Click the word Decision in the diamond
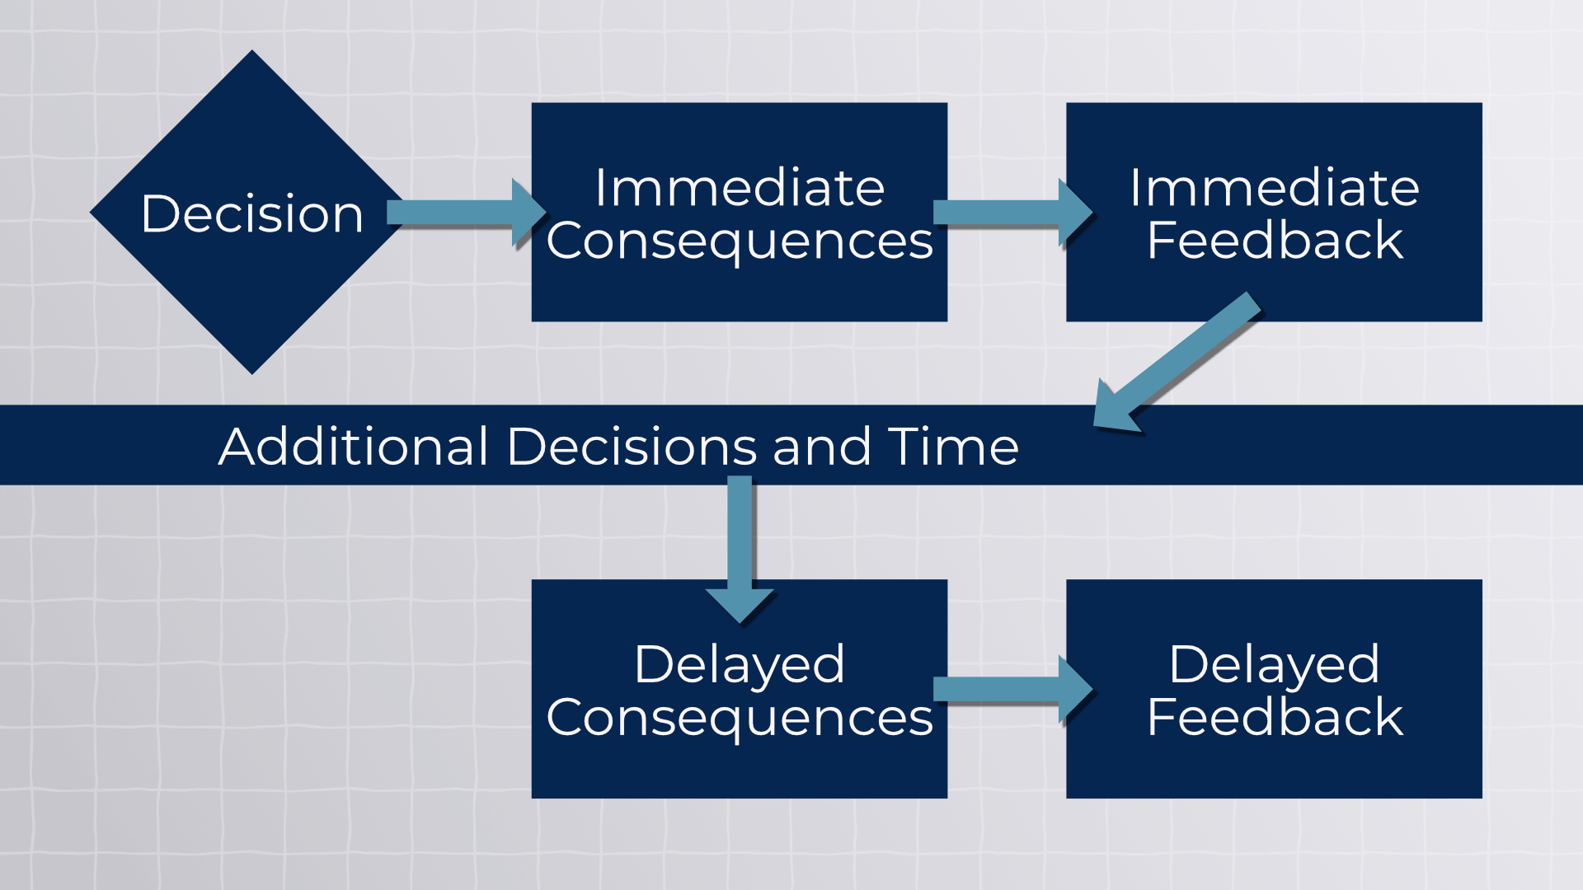[252, 214]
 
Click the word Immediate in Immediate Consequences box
[740, 188]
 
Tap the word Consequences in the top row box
[740, 241]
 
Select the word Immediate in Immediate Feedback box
[1274, 188]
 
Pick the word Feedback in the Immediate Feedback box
[1274, 241]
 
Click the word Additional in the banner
[355, 447]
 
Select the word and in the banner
[821, 447]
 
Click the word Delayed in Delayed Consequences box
[740, 664]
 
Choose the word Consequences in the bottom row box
[740, 718]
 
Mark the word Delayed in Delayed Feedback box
[1274, 664]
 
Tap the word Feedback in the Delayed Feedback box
[1274, 717]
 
